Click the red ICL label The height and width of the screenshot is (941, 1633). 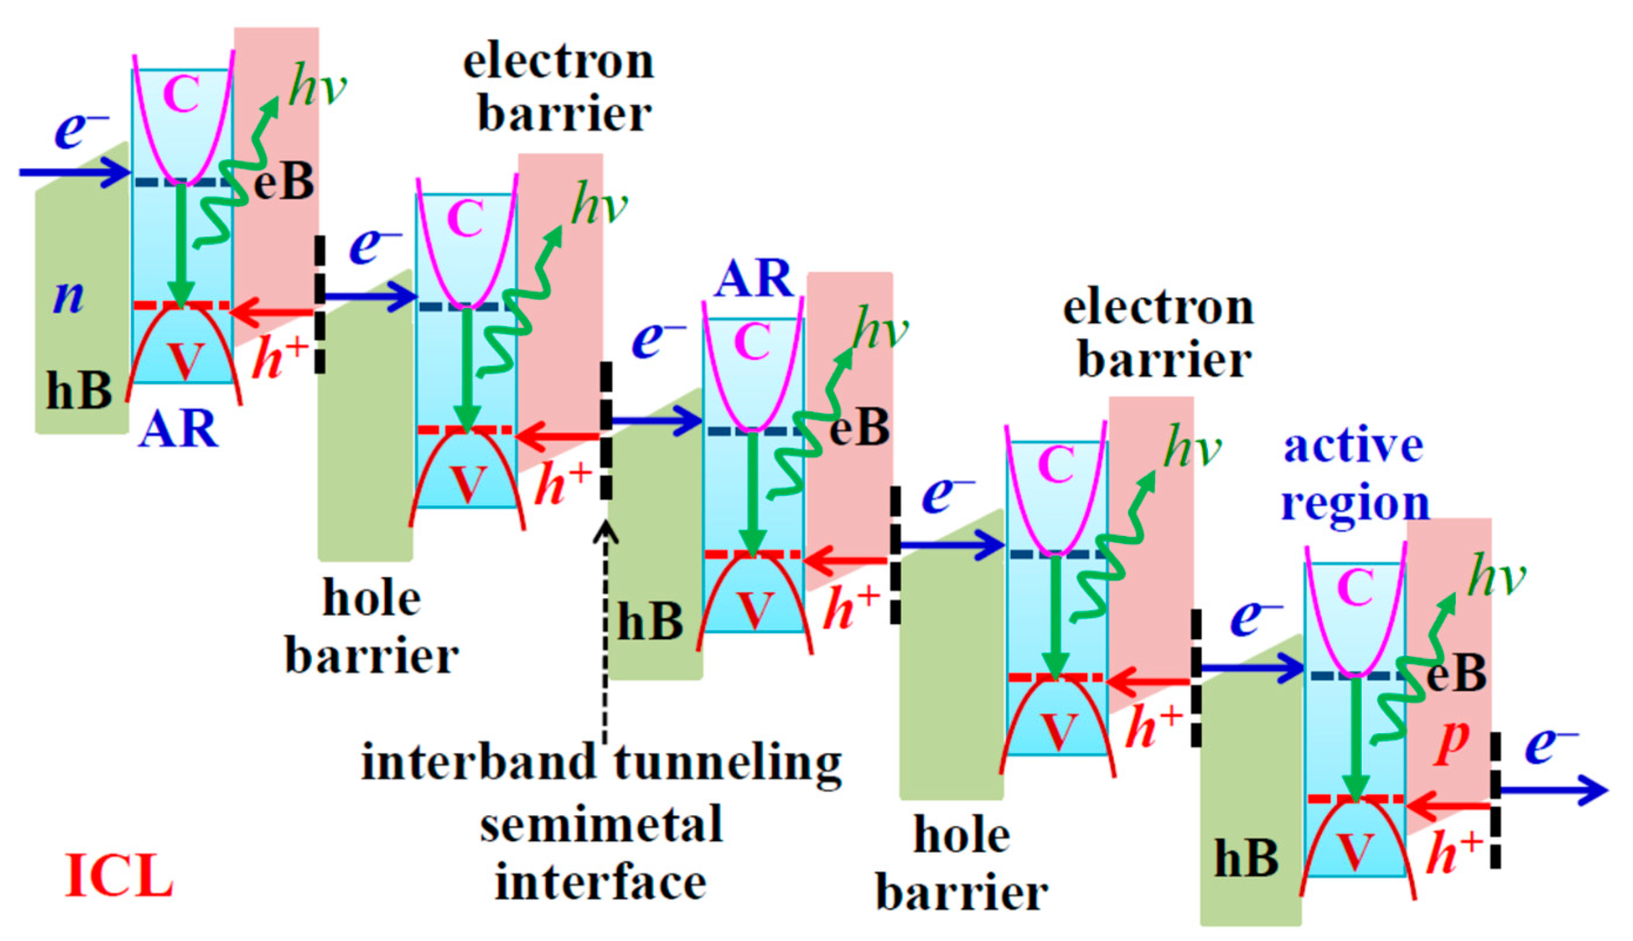point(120,876)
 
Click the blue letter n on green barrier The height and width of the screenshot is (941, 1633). point(69,297)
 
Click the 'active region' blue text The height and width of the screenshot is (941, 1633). point(1354,475)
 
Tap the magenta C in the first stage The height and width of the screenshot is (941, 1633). point(180,96)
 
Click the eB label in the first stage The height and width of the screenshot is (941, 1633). point(284,181)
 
